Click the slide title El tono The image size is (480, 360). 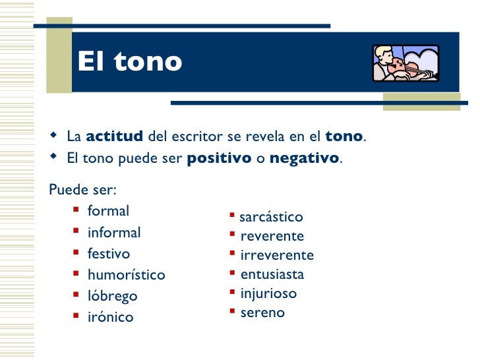[x=129, y=62]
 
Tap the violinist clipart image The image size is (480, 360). [x=405, y=63]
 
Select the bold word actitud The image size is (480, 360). [x=114, y=136]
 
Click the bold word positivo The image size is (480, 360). [x=219, y=159]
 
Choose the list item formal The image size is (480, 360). [x=108, y=211]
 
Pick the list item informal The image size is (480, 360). [x=114, y=233]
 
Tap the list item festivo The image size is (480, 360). [x=109, y=254]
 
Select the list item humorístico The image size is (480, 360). [x=126, y=275]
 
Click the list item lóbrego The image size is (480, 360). [x=112, y=296]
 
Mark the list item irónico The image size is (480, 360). [x=110, y=317]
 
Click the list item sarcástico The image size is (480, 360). [x=270, y=217]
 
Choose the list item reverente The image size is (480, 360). [x=272, y=236]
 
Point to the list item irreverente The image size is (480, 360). [x=277, y=255]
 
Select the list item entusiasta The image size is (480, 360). [x=272, y=274]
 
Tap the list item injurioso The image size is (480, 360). [x=268, y=293]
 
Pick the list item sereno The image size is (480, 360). [x=262, y=313]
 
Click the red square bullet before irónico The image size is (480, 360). [x=76, y=316]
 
